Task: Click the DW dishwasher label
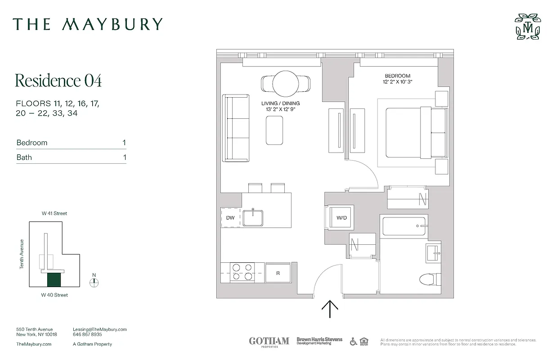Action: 230,218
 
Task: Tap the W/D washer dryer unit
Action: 341,218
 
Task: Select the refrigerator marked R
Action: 278,273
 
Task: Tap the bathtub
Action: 404,226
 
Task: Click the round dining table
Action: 285,83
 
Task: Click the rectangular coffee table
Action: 274,130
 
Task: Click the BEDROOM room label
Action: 397,76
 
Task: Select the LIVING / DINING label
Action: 280,103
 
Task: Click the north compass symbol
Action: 94,283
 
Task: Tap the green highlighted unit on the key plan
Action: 54,280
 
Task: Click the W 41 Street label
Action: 54,213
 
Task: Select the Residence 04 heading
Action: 58,81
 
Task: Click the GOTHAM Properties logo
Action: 269,342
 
